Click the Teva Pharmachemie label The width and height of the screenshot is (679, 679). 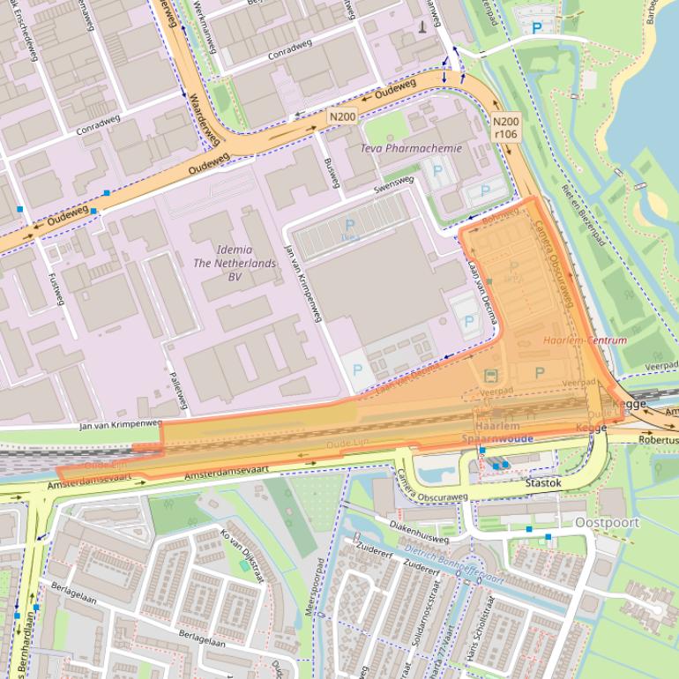point(410,148)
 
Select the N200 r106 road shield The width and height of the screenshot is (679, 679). point(505,128)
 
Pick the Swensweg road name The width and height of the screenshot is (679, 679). point(393,185)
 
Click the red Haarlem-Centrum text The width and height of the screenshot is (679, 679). point(585,339)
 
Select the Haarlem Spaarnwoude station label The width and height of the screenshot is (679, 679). point(496,432)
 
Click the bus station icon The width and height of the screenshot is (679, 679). point(491,375)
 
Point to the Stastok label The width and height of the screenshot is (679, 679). point(543,483)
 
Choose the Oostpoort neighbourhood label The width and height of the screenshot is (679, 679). point(607,522)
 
